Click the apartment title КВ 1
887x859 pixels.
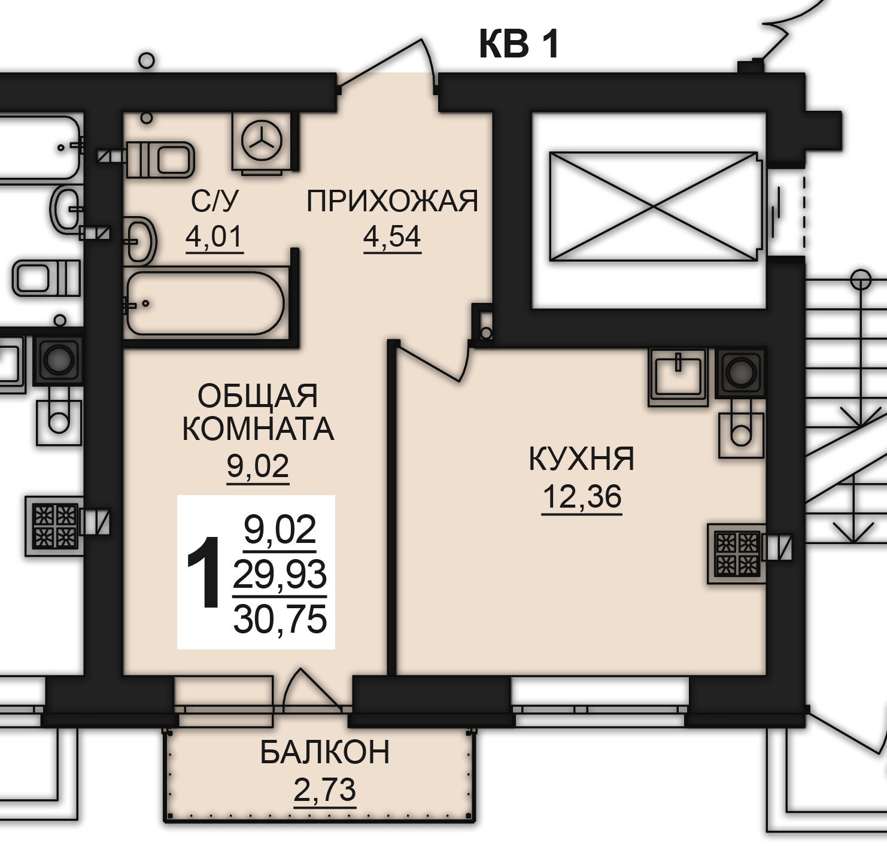click(520, 44)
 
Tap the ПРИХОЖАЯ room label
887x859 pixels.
click(393, 202)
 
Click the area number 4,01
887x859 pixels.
click(214, 236)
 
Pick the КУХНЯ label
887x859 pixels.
click(582, 460)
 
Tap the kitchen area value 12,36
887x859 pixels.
click(582, 497)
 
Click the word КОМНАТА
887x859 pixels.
click(258, 429)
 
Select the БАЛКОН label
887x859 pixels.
click(325, 752)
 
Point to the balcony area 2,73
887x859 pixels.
click(325, 790)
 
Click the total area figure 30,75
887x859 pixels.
click(280, 620)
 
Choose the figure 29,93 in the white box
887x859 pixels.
click(280, 575)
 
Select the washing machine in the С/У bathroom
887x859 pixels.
click(262, 142)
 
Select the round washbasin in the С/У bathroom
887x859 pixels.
click(141, 240)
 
